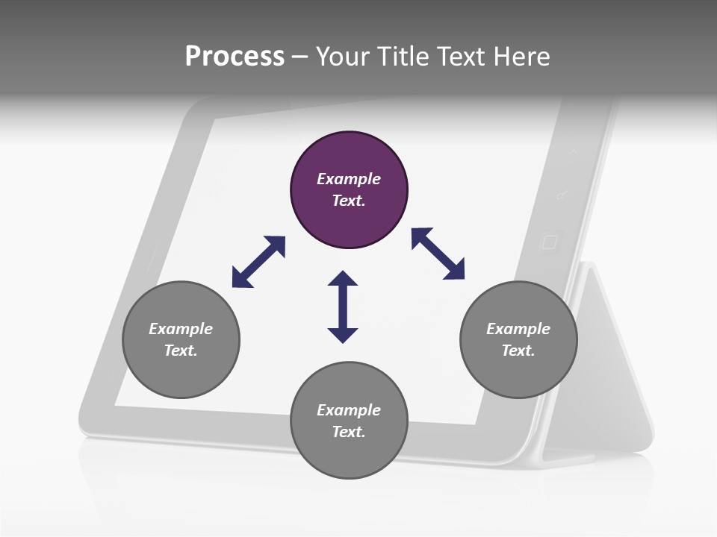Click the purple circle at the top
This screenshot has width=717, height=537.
pos(349,190)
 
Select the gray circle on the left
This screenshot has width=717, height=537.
pos(181,339)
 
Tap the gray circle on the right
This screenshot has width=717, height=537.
pos(518,339)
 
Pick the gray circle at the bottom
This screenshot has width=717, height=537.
pos(349,421)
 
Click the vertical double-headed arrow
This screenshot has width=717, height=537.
pos(343,307)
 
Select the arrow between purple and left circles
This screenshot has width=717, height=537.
pos(258,262)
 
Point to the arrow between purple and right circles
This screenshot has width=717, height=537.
pos(438,254)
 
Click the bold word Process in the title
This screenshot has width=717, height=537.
pos(235,56)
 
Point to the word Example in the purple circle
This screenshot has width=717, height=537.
pos(349,179)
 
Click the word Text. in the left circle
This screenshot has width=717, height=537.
pos(181,351)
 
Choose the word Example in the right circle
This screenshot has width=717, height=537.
pos(518,329)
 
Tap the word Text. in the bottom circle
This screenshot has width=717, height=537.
pos(349,432)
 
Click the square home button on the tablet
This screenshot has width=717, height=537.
pos(549,242)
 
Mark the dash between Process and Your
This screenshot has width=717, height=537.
pos(299,57)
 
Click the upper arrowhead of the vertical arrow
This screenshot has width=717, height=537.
pos(343,280)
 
